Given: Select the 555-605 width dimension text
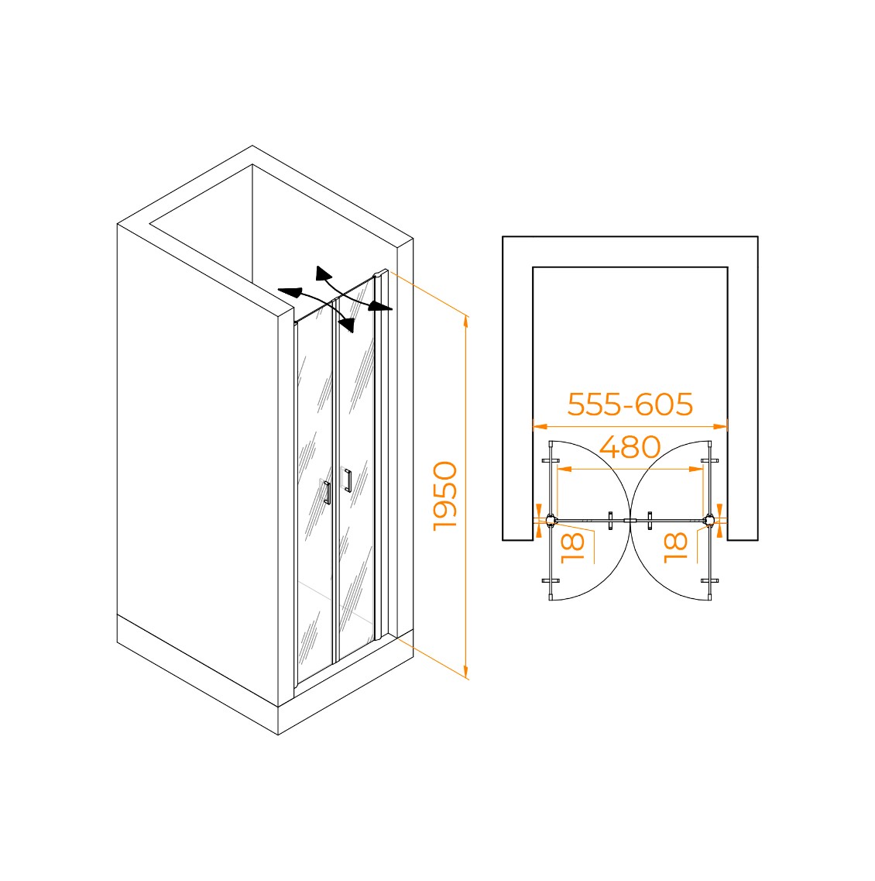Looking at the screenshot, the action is pos(630,404).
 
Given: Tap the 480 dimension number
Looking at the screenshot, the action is pos(630,447).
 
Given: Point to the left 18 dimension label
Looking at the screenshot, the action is pos(573,548).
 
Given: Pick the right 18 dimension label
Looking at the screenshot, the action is pos(676,548).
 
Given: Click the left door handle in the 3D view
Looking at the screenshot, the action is pos(327,492).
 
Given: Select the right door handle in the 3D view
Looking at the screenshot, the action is pos(348,480).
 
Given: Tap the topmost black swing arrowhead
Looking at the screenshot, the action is pos(323,273).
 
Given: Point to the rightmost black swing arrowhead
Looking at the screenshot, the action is pos(381,306).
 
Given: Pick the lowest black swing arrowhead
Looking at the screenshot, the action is pos(347,324).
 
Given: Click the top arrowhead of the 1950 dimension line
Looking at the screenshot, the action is pos(465,322).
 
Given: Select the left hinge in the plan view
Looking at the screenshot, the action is pos(551,520).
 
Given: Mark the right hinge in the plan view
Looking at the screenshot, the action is pos(710,520).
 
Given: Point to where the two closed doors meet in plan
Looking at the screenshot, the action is pos(630,521).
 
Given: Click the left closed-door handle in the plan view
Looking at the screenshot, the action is pos(610,520).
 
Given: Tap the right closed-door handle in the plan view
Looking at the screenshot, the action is pos(650,520).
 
